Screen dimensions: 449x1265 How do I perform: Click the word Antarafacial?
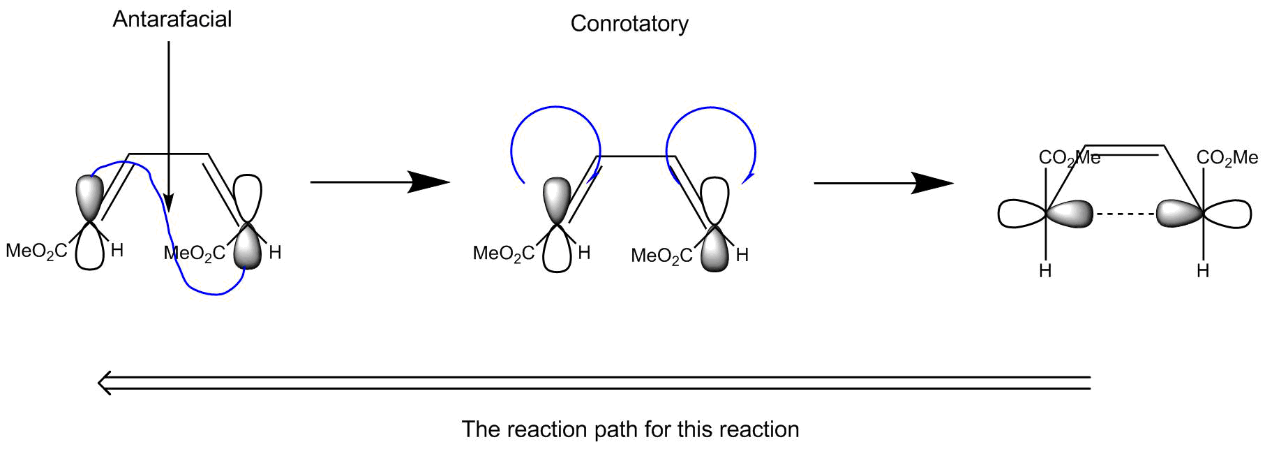click(x=172, y=19)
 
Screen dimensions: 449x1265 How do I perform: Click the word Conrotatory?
click(x=629, y=24)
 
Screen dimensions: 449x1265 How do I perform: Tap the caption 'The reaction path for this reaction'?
click(x=630, y=429)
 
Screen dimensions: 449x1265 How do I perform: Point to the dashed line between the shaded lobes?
click(x=1124, y=214)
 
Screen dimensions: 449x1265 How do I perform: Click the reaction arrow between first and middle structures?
click(x=380, y=182)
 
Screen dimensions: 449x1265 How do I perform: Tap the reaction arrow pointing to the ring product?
click(x=883, y=183)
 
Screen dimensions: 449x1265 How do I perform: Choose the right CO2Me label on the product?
click(x=1227, y=159)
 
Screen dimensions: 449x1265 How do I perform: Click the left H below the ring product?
click(x=1045, y=271)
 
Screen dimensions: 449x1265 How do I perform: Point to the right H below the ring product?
click(x=1203, y=271)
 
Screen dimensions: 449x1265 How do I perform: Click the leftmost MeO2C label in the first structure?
click(x=36, y=251)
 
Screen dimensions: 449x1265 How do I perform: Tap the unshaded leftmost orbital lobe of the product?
click(x=1021, y=214)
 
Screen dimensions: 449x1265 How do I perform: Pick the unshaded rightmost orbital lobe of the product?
click(x=1229, y=214)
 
